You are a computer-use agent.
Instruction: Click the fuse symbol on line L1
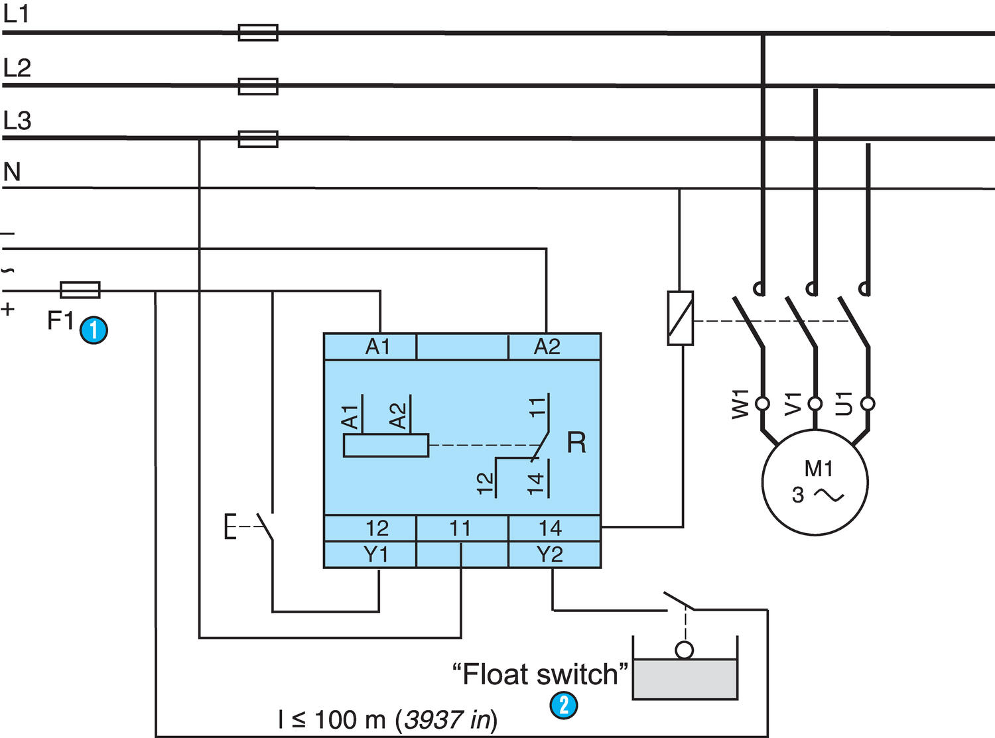click(258, 32)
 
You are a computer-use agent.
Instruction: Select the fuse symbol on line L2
click(258, 86)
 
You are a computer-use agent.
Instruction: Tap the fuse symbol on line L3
click(258, 139)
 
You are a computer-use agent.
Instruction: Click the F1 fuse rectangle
click(80, 290)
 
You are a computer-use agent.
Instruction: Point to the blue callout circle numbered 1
click(94, 330)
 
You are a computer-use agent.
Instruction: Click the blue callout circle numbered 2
click(564, 704)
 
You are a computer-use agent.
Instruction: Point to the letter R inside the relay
click(576, 442)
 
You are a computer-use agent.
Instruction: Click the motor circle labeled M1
click(815, 482)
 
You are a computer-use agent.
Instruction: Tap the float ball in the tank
click(684, 650)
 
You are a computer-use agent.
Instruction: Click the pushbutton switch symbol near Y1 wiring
click(255, 526)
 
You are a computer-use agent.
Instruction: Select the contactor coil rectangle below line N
click(680, 318)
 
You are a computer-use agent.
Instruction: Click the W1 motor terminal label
click(740, 404)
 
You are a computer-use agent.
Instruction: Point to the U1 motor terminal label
click(844, 403)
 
